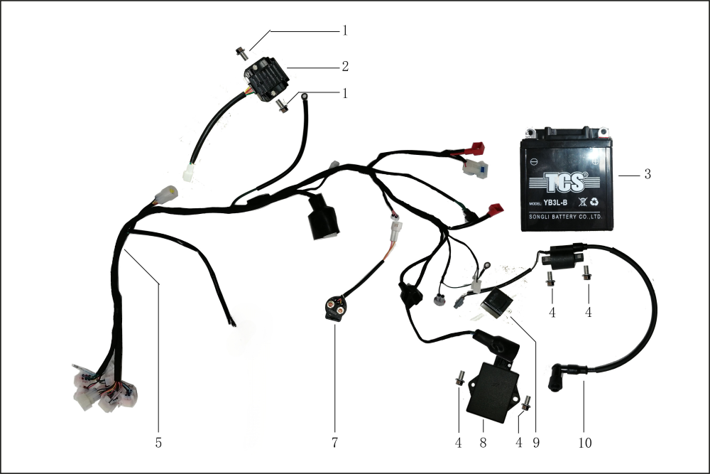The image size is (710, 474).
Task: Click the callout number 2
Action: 344,67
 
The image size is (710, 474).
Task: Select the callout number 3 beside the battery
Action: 647,174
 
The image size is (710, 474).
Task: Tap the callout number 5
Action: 158,442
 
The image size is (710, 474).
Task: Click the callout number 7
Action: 334,442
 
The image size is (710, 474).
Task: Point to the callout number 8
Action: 482,442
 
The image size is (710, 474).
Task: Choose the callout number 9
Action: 537,442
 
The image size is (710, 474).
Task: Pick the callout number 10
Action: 584,442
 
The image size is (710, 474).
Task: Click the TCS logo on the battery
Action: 566,183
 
